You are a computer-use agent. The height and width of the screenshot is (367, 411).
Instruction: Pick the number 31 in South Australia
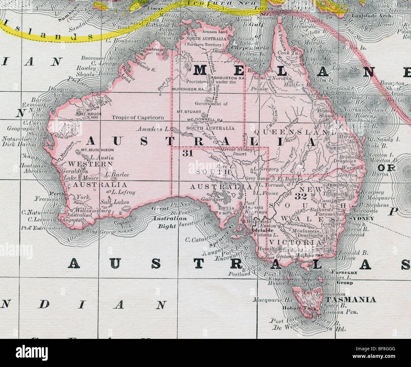click(x=187, y=153)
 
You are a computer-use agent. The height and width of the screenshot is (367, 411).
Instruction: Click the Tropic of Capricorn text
click(x=138, y=117)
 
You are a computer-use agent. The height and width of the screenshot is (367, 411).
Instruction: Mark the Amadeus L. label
click(x=153, y=129)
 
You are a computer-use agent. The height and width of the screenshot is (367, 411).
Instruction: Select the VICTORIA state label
click(x=295, y=242)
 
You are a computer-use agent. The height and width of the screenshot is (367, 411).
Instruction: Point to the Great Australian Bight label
click(x=164, y=218)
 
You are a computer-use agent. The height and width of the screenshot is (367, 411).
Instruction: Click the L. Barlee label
click(x=117, y=174)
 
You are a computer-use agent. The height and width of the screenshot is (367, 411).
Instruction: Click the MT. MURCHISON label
click(x=97, y=150)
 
